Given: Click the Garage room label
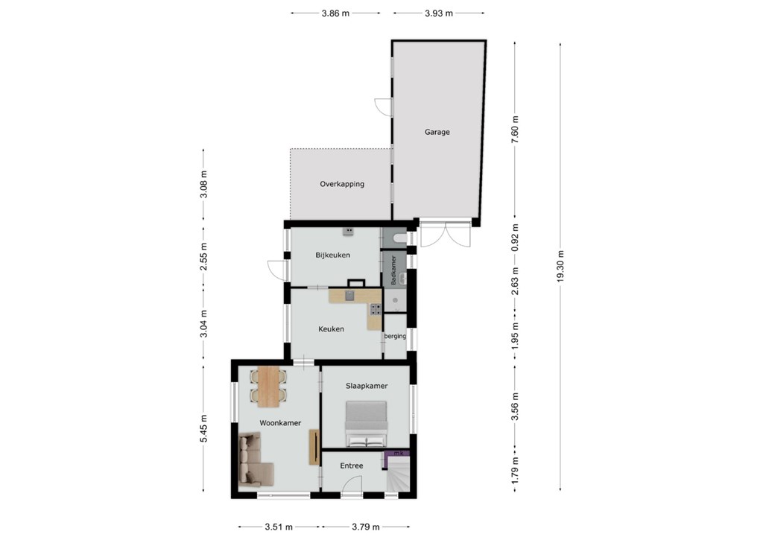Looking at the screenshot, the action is click(437, 132).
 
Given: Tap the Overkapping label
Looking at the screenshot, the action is click(342, 184).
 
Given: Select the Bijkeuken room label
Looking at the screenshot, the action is click(333, 255).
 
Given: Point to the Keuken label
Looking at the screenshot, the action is click(331, 329).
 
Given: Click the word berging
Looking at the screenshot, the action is click(395, 336).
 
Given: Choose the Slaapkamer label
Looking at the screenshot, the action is click(367, 386).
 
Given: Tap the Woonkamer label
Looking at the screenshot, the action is click(280, 423).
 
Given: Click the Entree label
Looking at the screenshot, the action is click(352, 466).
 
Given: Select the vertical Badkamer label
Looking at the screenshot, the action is click(393, 270).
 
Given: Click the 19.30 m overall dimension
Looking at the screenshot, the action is click(561, 266).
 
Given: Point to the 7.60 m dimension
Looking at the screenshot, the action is click(516, 128).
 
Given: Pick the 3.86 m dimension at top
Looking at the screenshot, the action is click(335, 13).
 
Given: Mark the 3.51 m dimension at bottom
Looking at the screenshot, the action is click(279, 527).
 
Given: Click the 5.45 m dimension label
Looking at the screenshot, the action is click(204, 428).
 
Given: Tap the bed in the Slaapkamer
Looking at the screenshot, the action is click(367, 424).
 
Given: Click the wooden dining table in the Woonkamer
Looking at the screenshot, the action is click(268, 387).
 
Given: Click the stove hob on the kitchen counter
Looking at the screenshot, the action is click(376, 309).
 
